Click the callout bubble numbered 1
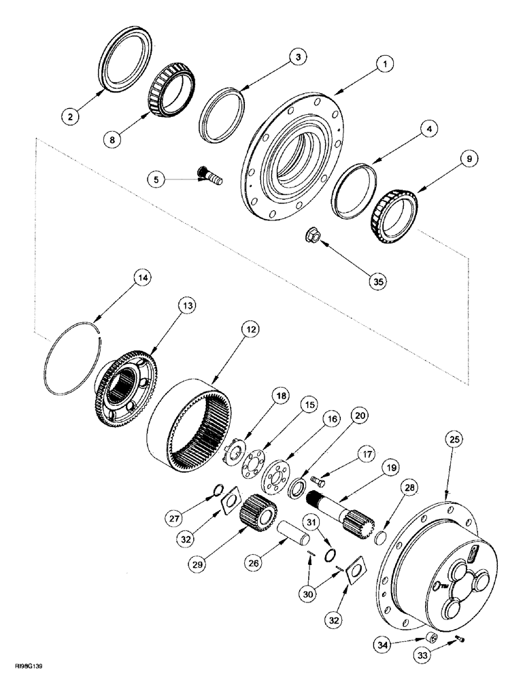(384, 65)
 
